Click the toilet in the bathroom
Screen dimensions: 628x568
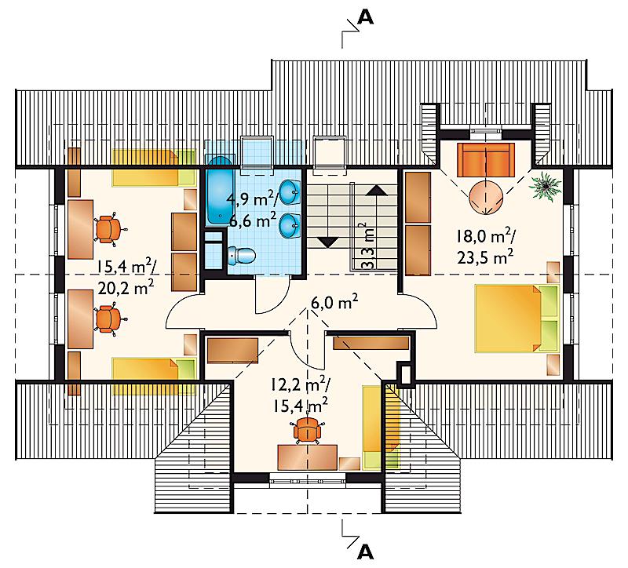242,256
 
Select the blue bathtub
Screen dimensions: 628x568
218,191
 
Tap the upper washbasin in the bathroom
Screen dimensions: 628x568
290,192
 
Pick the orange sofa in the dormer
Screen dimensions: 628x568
486,160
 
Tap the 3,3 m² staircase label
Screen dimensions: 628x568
367,246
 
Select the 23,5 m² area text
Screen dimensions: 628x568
485,257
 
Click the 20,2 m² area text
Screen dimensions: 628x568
126,287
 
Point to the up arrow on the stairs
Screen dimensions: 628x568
376,190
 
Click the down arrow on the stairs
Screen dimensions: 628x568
327,242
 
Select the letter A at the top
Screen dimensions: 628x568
365,17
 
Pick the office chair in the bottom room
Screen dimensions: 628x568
307,429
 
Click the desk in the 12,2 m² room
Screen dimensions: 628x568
307,457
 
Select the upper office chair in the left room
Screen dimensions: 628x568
108,229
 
